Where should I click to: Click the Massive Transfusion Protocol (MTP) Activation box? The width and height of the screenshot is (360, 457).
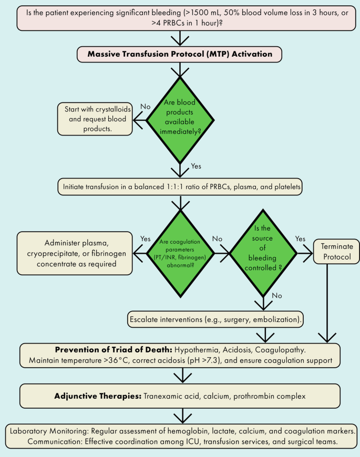point(180,54)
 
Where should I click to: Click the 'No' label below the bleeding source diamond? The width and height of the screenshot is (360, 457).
point(277,296)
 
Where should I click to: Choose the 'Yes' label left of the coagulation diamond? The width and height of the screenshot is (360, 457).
point(146,238)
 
